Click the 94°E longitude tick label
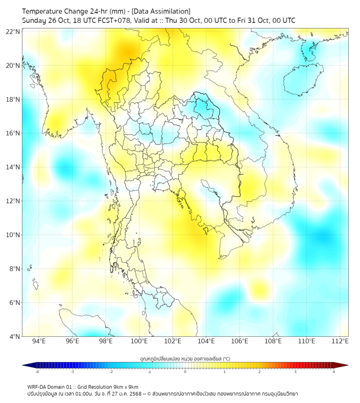click(x=39, y=341)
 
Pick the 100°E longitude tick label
click(x=140, y=341)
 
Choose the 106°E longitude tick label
click(x=240, y=341)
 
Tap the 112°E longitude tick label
click(x=340, y=341)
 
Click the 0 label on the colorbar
click(x=185, y=372)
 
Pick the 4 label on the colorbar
click(x=334, y=372)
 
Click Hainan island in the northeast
click(x=302, y=78)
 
